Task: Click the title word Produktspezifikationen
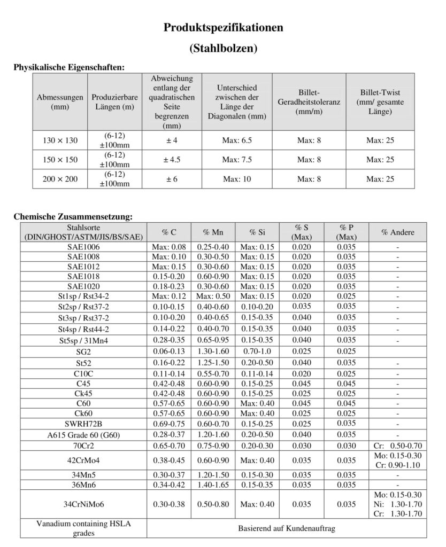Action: [x=223, y=28]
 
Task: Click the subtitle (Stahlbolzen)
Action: [x=223, y=49]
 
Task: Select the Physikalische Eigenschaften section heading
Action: [x=68, y=68]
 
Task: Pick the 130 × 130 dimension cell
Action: [x=60, y=140]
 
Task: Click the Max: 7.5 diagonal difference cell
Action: [x=237, y=160]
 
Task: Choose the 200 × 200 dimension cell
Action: [x=60, y=179]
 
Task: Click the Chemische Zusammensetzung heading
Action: [x=72, y=217]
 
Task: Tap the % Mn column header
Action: [x=213, y=232]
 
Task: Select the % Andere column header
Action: [x=397, y=232]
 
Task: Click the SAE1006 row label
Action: [x=83, y=247]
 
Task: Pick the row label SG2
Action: [x=83, y=351]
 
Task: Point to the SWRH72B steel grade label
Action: [x=83, y=424]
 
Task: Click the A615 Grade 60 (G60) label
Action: [x=83, y=435]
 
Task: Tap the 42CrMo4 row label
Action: [x=83, y=460]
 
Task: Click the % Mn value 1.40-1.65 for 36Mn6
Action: [x=213, y=485]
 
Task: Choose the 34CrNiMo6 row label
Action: [x=83, y=504]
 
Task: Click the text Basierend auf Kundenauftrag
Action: [x=287, y=528]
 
